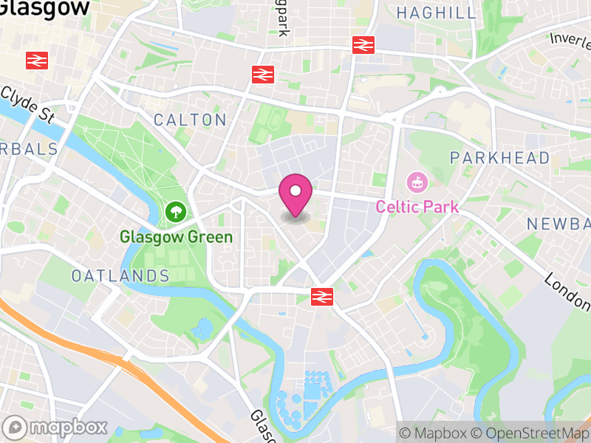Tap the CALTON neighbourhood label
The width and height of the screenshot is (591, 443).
[x=190, y=120]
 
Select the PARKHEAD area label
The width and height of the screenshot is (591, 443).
[x=500, y=157]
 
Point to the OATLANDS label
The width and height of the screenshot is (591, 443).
[x=120, y=275]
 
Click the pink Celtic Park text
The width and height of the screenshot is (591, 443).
[x=417, y=207]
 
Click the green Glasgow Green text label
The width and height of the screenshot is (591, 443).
[x=177, y=237]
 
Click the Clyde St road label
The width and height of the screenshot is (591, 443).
[x=28, y=104]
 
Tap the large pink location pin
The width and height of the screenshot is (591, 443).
[x=295, y=193]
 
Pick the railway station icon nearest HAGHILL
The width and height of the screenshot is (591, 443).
[x=363, y=44]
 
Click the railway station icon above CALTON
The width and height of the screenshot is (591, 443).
[x=262, y=74]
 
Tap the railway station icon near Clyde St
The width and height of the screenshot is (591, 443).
[x=37, y=61]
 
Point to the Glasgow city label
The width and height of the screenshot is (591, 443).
[x=44, y=7]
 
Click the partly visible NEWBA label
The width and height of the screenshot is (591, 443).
[x=559, y=223]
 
